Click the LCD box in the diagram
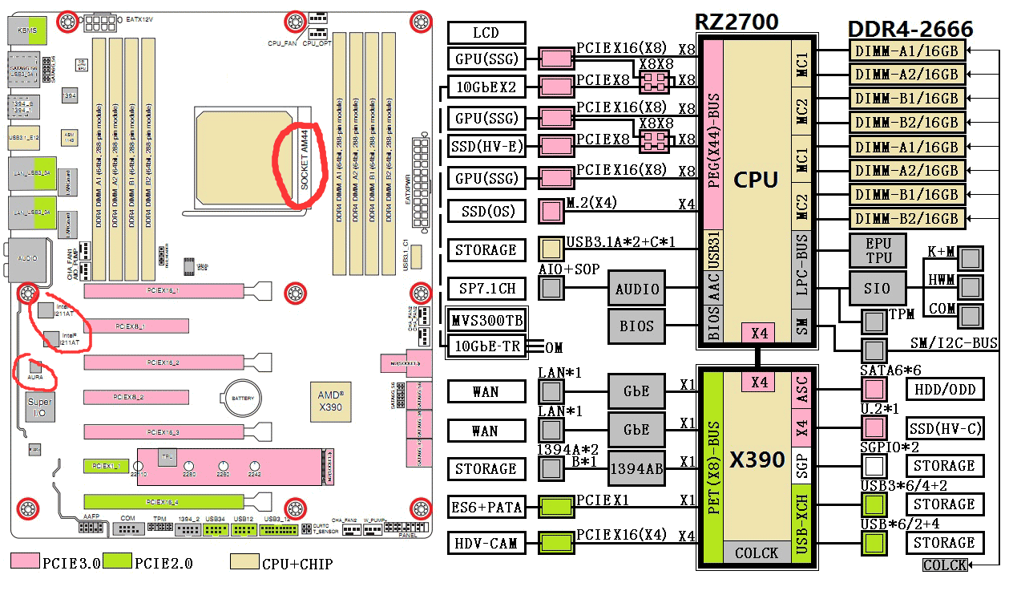(486, 33)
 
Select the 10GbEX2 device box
(486, 87)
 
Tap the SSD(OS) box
(486, 212)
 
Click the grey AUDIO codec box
(637, 289)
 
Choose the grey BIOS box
(637, 326)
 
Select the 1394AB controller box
(637, 469)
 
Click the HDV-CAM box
(486, 543)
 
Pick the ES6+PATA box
(486, 507)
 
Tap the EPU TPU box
(878, 250)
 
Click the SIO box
(878, 289)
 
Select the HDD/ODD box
(944, 389)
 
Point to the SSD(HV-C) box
(944, 427)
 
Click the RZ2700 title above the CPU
(736, 22)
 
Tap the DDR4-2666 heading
(910, 30)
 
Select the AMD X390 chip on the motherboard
(330, 401)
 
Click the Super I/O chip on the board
(39, 407)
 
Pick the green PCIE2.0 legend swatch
(118, 562)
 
